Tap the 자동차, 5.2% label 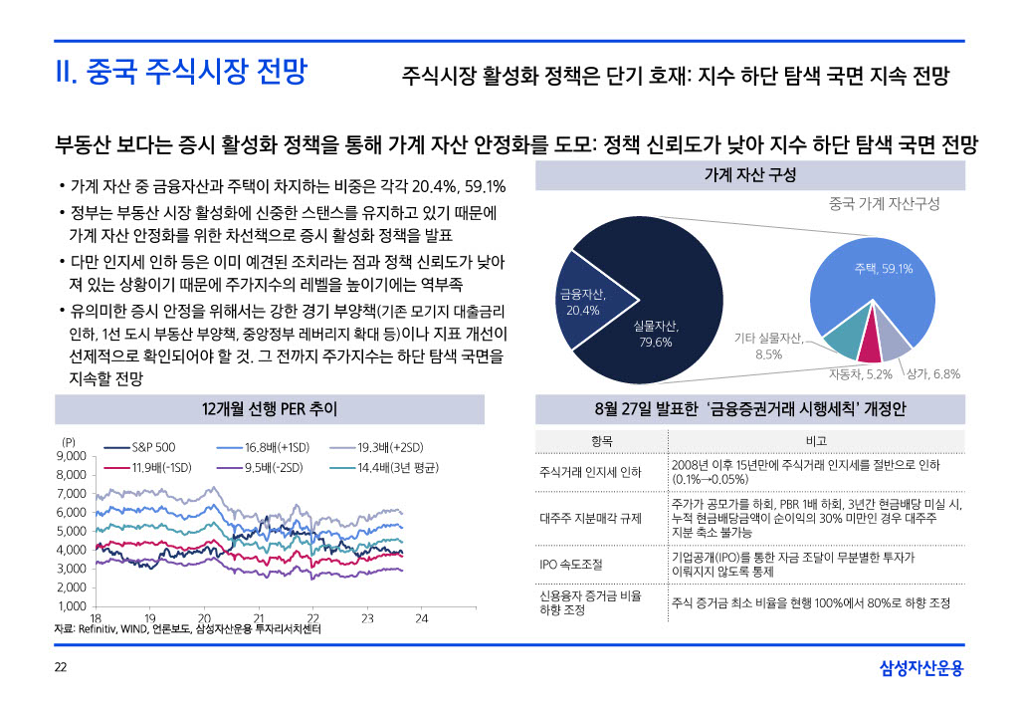point(861,374)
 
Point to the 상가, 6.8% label point(933,374)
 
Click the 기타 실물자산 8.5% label point(768,347)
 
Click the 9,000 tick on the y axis point(73,456)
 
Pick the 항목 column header point(601,441)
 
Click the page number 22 point(61,667)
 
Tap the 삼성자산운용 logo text point(921,667)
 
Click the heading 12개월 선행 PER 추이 point(270,408)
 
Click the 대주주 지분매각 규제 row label point(591,518)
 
